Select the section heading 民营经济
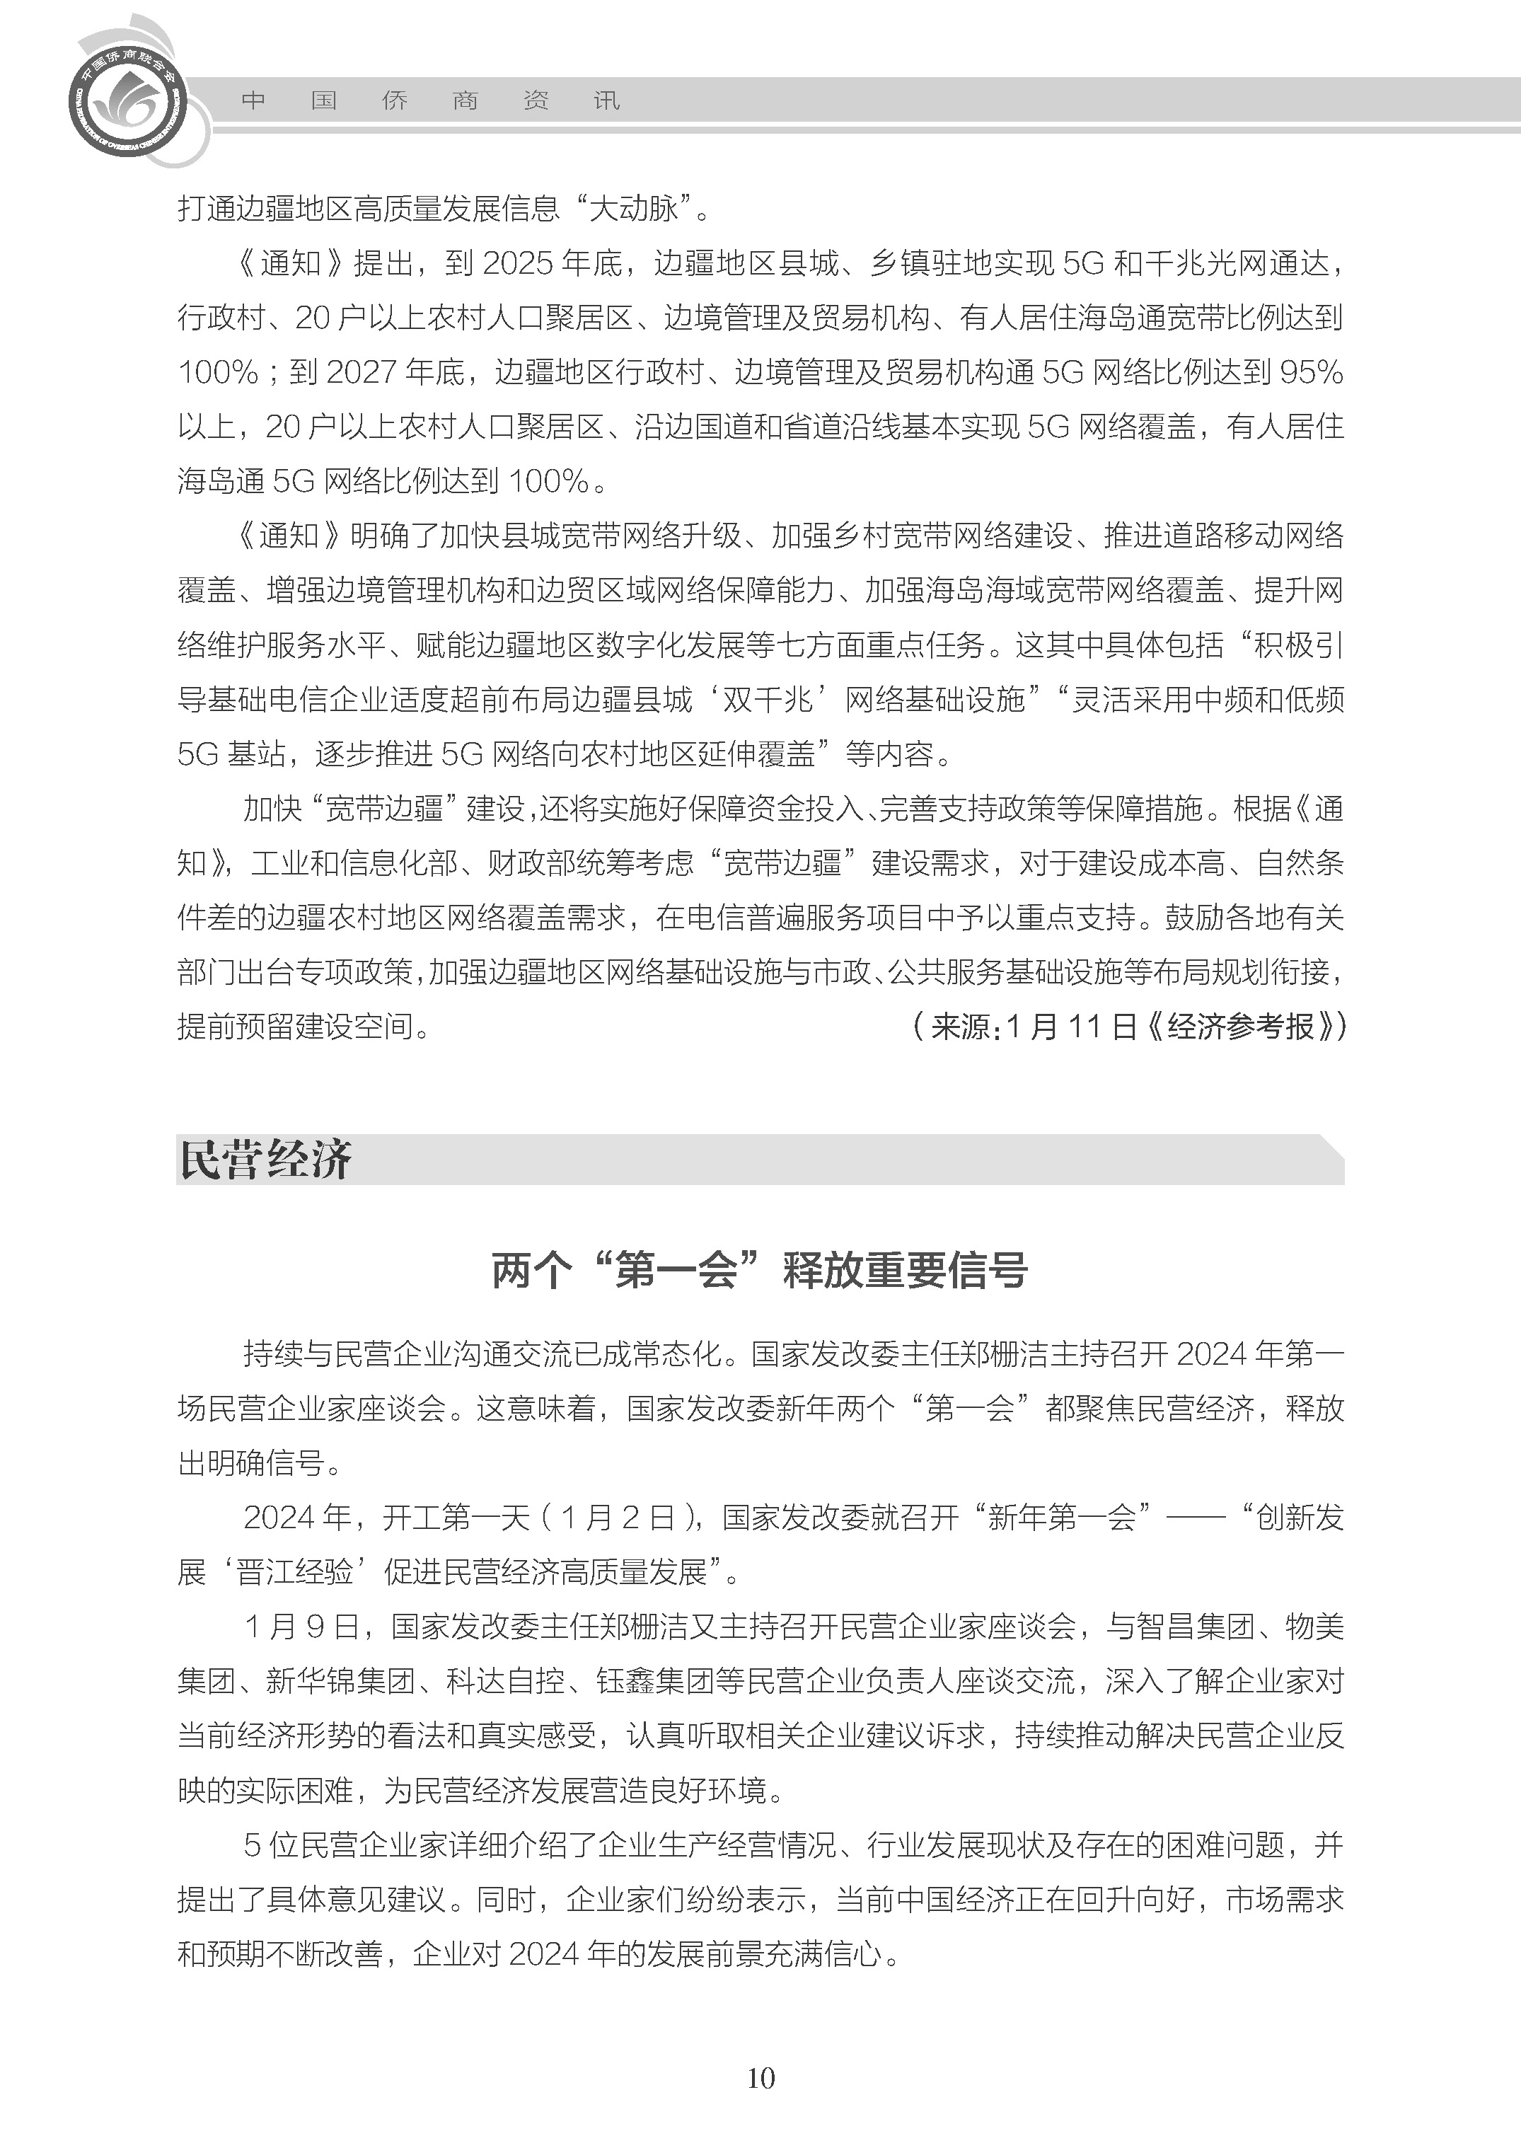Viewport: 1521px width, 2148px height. (265, 1160)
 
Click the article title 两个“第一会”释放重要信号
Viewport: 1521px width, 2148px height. (760, 1271)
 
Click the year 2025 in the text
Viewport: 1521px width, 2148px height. (518, 264)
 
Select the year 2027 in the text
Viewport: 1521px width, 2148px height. (361, 373)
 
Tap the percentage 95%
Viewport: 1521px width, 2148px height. (1310, 373)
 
